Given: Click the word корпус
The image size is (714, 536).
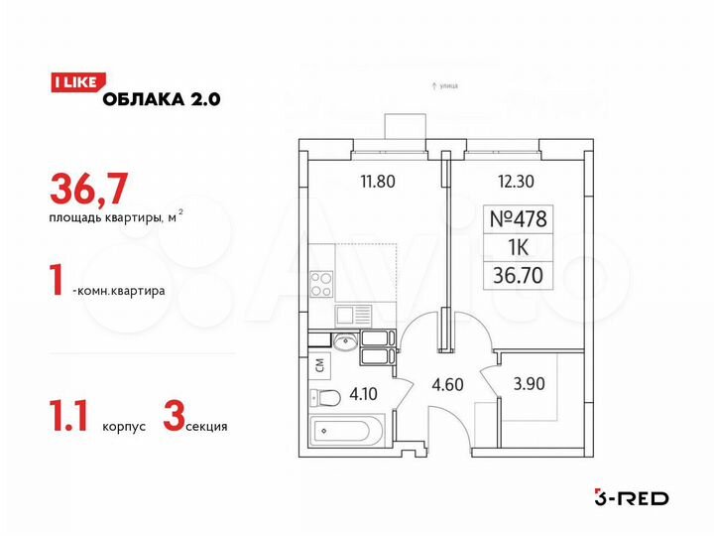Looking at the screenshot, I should [x=124, y=426].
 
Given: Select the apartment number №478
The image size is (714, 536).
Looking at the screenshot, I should [x=520, y=217].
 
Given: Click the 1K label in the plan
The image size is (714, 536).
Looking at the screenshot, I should [x=520, y=246].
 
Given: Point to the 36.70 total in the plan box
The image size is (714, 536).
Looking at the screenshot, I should [x=520, y=275].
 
